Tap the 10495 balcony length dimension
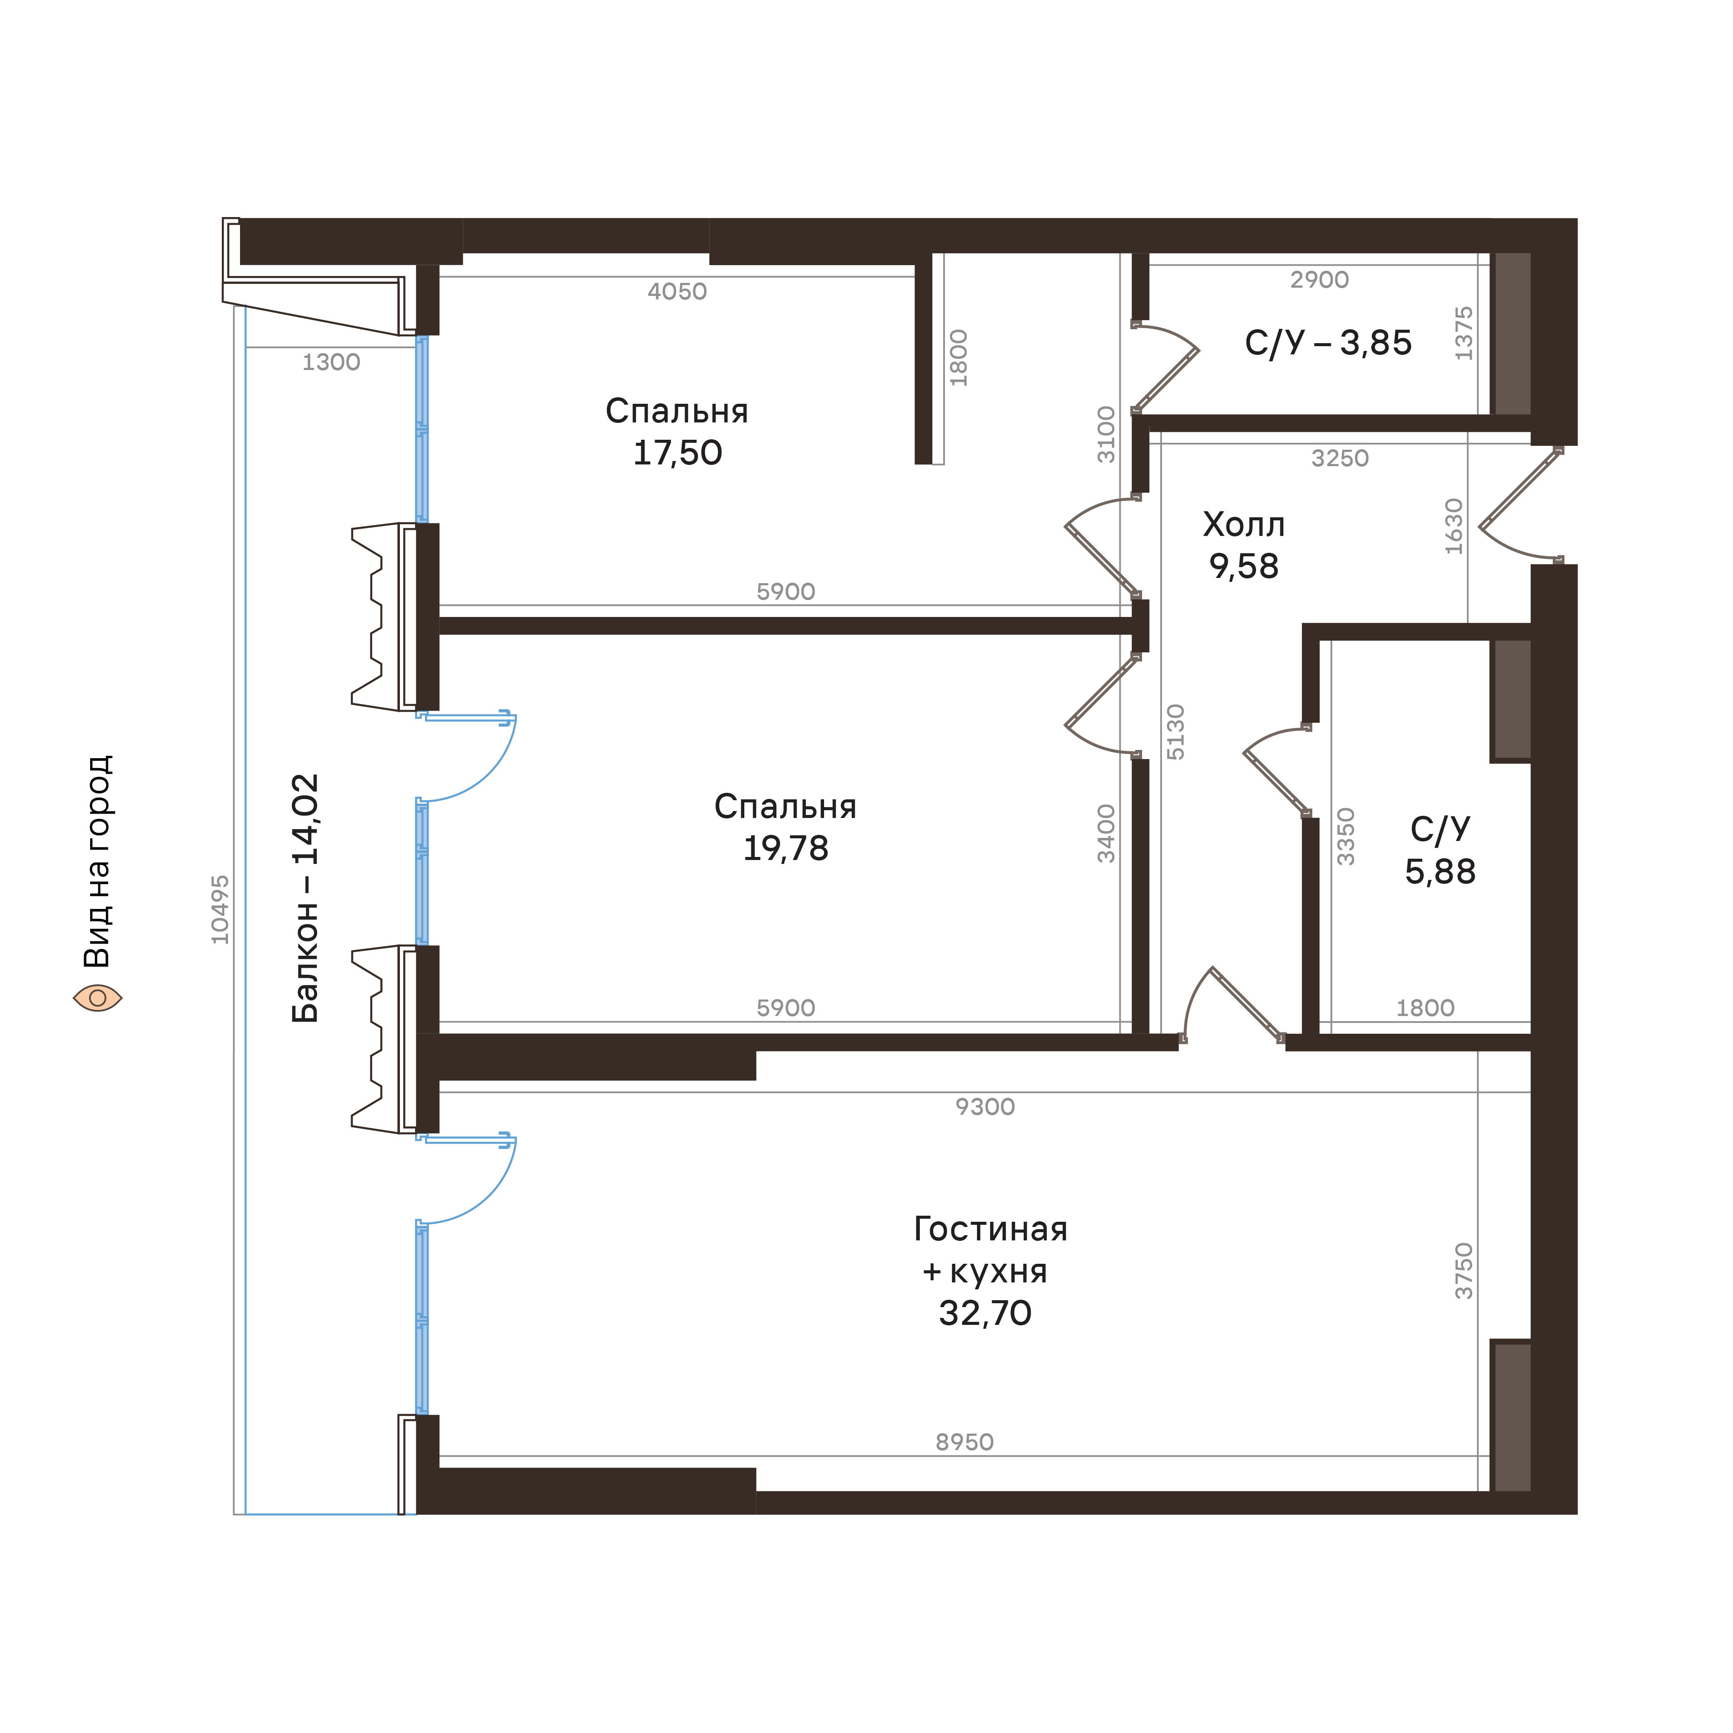[x=220, y=909]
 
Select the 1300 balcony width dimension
[x=331, y=362]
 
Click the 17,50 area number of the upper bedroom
[x=677, y=453]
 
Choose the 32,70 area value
[x=985, y=1313]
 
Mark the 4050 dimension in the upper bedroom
[x=677, y=292]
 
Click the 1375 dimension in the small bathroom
[x=1463, y=334]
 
